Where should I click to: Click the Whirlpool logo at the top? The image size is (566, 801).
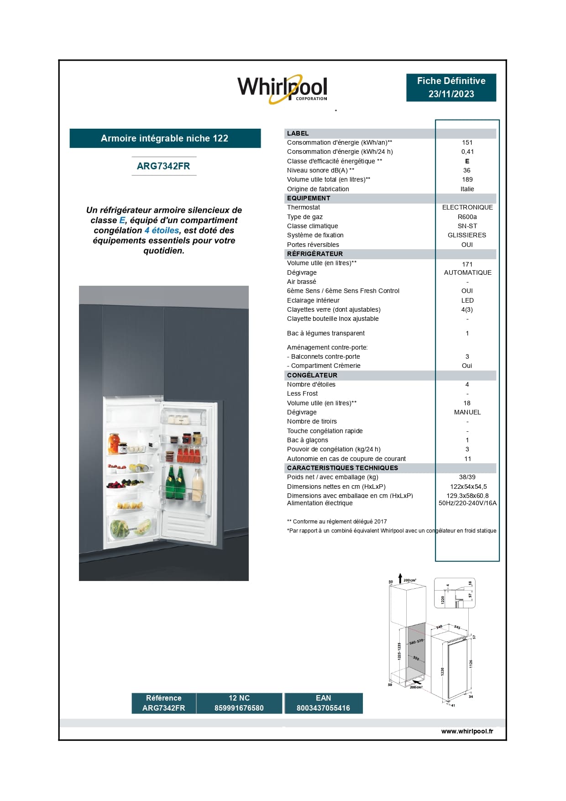pyautogui.click(x=282, y=88)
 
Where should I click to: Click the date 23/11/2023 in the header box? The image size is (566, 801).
pyautogui.click(x=451, y=94)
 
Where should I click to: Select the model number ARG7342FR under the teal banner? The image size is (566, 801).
pyautogui.click(x=163, y=166)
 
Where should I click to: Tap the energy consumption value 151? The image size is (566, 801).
pyautogui.click(x=467, y=142)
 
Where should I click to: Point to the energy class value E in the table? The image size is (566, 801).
pyautogui.click(x=467, y=161)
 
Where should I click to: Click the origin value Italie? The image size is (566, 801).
pyautogui.click(x=467, y=189)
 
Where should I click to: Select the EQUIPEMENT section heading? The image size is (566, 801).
pyautogui.click(x=309, y=198)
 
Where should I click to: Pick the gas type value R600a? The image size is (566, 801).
pyautogui.click(x=467, y=217)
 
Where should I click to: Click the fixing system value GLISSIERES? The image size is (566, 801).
pyautogui.click(x=467, y=235)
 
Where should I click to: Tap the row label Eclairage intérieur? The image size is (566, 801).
pyautogui.click(x=313, y=300)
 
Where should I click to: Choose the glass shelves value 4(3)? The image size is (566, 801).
pyautogui.click(x=467, y=309)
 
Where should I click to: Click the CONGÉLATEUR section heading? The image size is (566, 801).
pyautogui.click(x=312, y=375)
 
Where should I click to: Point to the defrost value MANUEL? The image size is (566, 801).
pyautogui.click(x=467, y=412)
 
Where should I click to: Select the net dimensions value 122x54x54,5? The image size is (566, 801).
pyautogui.click(x=468, y=487)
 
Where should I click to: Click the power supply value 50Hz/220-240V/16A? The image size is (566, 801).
pyautogui.click(x=467, y=503)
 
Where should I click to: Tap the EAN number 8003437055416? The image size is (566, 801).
pyautogui.click(x=323, y=708)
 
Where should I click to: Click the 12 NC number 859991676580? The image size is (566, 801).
pyautogui.click(x=239, y=708)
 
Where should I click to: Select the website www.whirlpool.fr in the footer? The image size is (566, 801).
pyautogui.click(x=467, y=731)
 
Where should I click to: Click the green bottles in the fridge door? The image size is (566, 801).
pyautogui.click(x=175, y=483)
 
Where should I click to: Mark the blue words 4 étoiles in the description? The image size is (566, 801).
pyautogui.click(x=162, y=230)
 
